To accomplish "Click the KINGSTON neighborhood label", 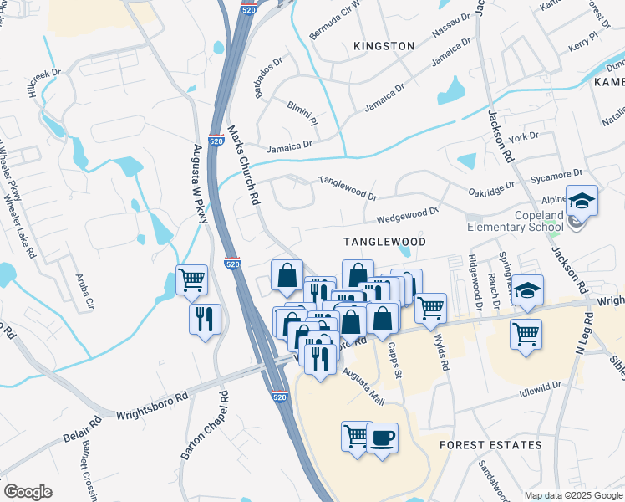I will [384, 46].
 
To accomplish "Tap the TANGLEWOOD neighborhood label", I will [385, 242].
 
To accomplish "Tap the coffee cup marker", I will [382, 438].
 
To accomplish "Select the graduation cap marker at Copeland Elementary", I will [581, 202].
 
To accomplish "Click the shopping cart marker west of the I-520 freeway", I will [192, 280].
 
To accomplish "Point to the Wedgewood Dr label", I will [407, 216].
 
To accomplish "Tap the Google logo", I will [28, 492].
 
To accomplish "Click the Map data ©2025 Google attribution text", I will [572, 495].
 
